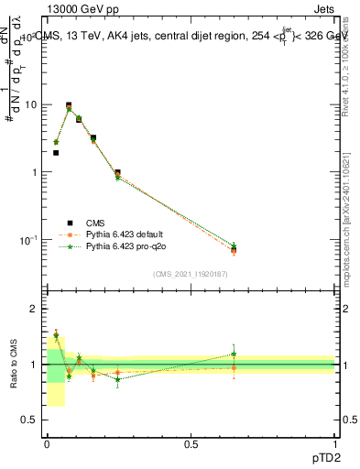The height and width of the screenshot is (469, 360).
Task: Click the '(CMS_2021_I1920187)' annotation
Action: point(190,274)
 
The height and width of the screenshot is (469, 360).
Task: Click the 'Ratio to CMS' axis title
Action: point(14,364)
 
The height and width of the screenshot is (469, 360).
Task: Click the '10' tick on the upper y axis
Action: point(33,104)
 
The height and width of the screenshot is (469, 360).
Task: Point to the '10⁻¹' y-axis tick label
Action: point(31,240)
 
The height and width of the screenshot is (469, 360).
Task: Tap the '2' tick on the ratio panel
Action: point(37,309)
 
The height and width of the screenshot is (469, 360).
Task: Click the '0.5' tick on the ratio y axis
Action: point(33,420)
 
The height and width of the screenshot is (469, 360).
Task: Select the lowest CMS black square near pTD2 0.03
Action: point(56,153)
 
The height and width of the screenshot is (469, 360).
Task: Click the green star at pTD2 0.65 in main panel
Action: point(234,245)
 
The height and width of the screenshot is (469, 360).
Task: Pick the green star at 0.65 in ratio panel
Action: point(234,354)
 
